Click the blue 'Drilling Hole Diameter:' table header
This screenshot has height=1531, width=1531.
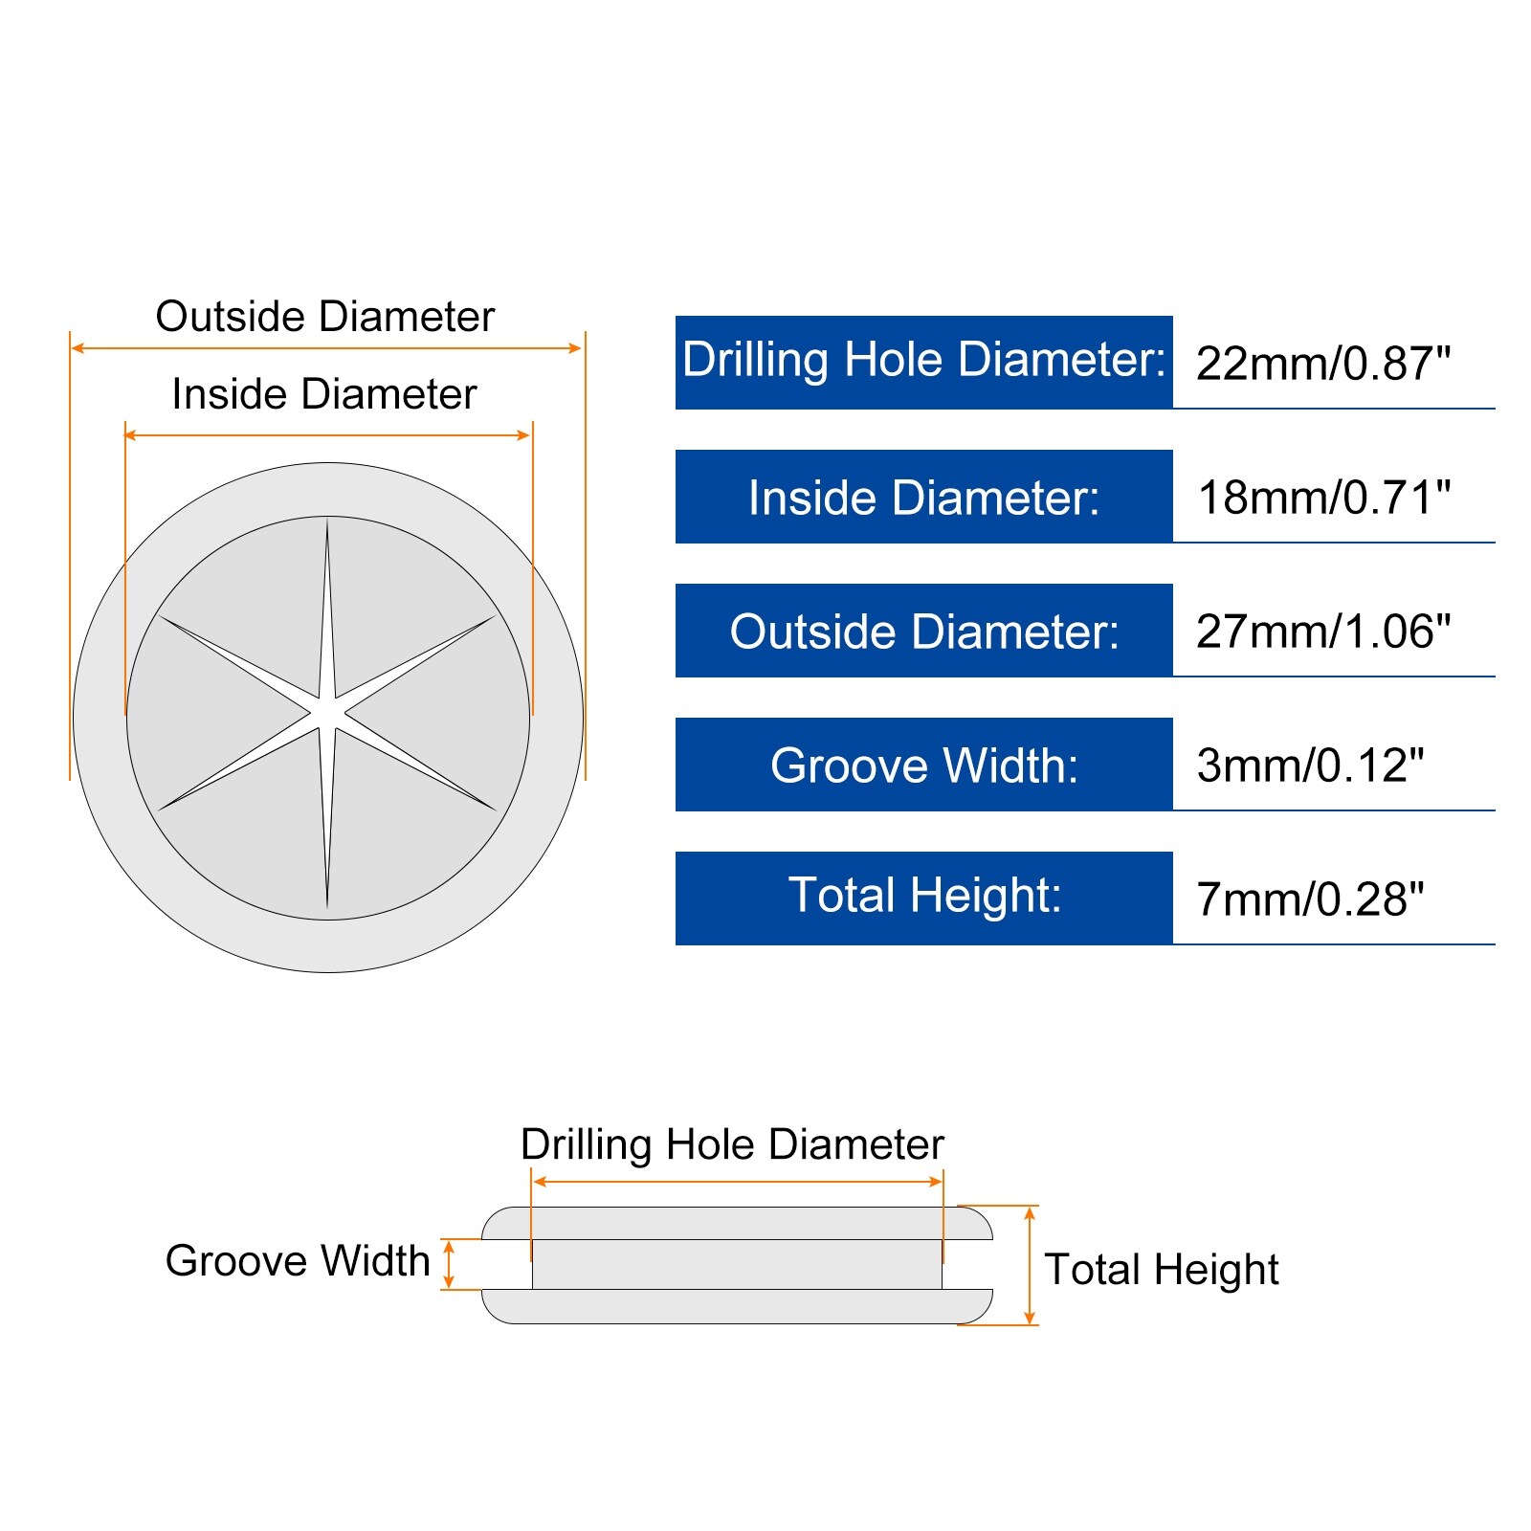[x=923, y=363]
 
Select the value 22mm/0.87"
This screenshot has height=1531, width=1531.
[x=1323, y=364]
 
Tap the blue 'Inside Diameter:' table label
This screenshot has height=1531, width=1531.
[x=923, y=497]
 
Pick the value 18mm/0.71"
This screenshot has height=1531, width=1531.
[x=1324, y=498]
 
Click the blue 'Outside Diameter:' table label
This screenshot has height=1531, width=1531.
[x=923, y=631]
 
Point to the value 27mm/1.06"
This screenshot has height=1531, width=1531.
[x=1323, y=632]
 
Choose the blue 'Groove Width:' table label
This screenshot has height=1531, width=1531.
[x=923, y=765]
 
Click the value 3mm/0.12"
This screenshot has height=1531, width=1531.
[x=1310, y=765]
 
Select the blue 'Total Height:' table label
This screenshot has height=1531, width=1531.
[x=923, y=899]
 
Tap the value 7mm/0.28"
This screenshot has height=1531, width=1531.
[x=1310, y=899]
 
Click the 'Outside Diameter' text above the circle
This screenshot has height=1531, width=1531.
[x=325, y=317]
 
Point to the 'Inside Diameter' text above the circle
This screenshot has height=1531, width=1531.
[x=324, y=394]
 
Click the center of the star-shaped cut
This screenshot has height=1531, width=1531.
[x=327, y=714]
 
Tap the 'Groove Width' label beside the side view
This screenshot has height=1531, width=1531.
[x=298, y=1261]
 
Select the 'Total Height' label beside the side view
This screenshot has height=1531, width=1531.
[x=1162, y=1271]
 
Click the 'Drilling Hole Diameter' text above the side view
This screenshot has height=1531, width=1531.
[x=732, y=1145]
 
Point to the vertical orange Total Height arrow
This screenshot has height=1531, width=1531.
[x=1030, y=1265]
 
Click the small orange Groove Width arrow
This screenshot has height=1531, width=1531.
[x=449, y=1264]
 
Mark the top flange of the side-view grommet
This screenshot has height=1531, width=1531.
[x=737, y=1223]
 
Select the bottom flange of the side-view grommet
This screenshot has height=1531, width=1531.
[x=737, y=1306]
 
